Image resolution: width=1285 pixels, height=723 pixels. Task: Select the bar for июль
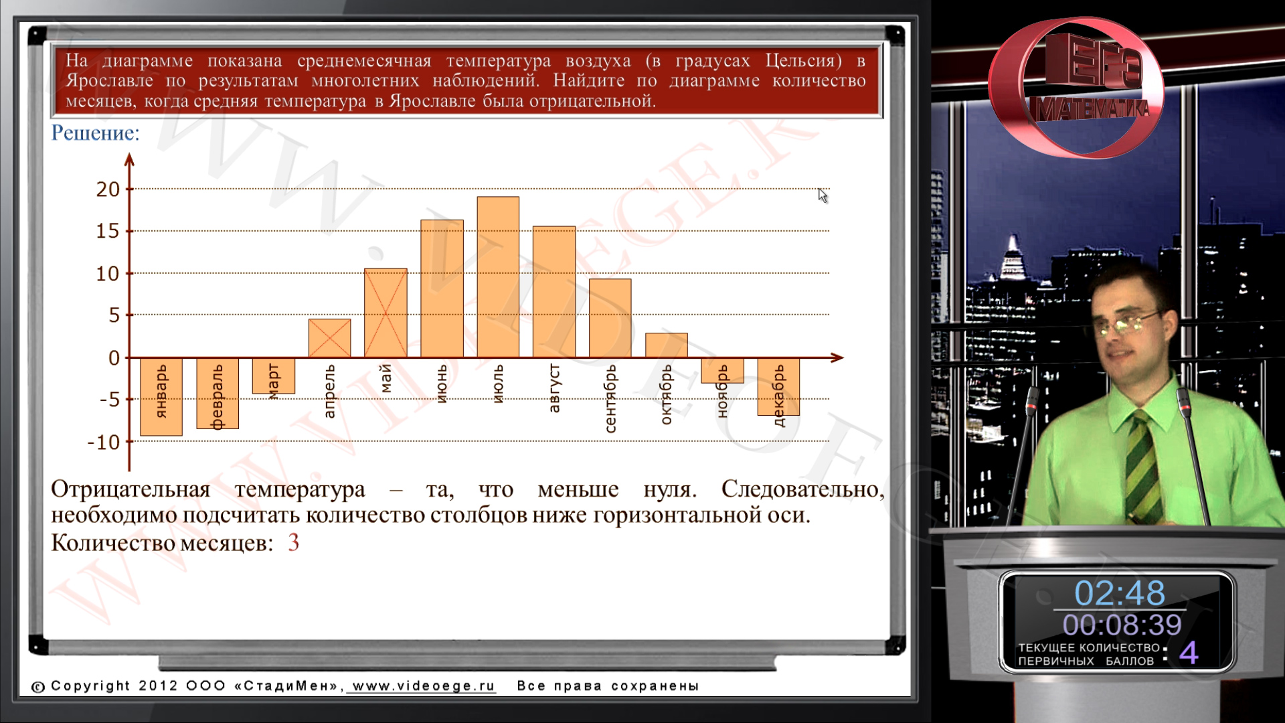coord(498,276)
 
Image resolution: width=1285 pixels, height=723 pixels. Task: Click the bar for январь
coord(161,396)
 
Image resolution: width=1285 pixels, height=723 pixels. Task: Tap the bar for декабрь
coord(778,386)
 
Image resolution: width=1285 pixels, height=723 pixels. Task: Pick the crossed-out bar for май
coord(385,313)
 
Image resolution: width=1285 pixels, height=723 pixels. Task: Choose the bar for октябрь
coord(667,345)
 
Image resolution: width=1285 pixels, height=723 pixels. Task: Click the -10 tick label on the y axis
coord(103,442)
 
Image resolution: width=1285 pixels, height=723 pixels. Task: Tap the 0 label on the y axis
coord(114,358)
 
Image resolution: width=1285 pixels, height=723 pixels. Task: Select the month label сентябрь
coord(610,398)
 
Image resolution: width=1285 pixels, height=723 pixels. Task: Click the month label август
coord(554,388)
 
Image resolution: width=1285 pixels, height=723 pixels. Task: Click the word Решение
coord(95,133)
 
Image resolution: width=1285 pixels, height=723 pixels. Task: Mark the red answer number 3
coord(293,542)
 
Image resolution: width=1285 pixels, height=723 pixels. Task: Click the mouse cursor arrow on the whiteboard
coord(823,195)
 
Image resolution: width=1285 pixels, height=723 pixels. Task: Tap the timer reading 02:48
coord(1120,593)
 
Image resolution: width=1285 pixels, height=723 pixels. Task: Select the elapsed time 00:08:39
coord(1122,625)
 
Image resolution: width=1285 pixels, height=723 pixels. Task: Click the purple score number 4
coord(1189,652)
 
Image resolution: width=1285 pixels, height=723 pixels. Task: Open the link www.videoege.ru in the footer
coord(424,686)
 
